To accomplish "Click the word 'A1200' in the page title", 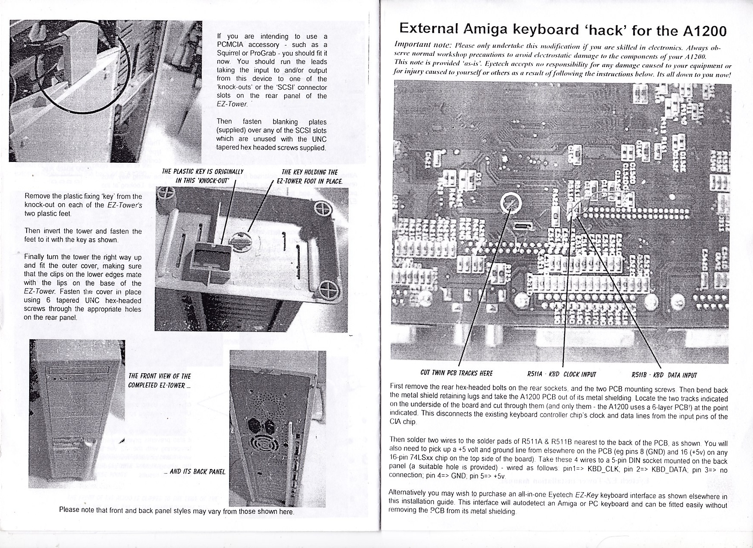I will click(x=701, y=30).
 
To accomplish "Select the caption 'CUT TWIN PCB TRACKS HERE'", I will click(x=456, y=373).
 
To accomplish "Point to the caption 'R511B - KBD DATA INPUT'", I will click(x=664, y=375).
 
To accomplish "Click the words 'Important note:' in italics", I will click(x=422, y=45).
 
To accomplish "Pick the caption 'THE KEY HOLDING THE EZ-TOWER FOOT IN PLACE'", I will click(x=310, y=177).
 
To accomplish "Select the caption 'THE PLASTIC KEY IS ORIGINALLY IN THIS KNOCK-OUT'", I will click(x=203, y=176).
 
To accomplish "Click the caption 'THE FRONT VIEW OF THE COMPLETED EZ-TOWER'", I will click(x=160, y=381).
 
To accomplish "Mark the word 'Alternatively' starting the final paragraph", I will click(x=408, y=492).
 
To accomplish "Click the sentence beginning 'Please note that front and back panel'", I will click(x=176, y=511).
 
